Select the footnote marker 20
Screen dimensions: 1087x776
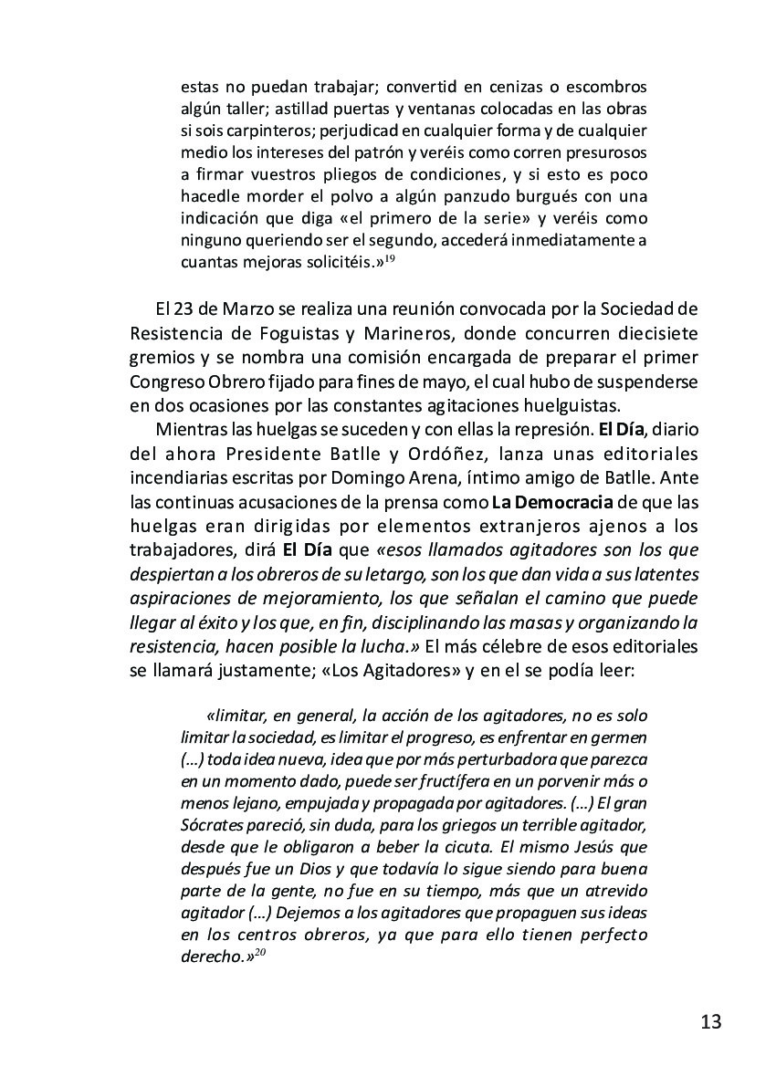(x=259, y=954)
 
